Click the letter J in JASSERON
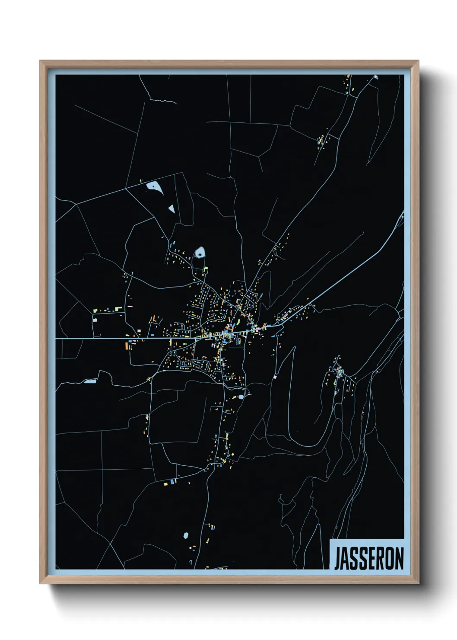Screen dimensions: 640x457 pos(337,559)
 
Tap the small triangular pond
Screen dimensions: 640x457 pos(171,208)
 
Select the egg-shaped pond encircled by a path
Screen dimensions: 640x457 pos(200,252)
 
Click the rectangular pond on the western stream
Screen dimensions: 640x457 pos(90,381)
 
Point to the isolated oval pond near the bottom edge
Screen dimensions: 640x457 pos(186,535)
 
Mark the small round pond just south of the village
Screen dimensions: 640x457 pos(241,397)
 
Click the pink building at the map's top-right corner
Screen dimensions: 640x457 pos(376,77)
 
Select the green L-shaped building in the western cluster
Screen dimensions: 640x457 pos(96,310)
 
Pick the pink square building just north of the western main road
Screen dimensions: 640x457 pos(139,331)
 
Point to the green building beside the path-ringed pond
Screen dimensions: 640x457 pos(206,269)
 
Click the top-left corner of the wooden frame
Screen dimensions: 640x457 pos(40,61)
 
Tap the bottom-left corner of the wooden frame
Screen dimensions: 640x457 pos(40,583)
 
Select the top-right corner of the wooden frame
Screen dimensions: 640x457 pos(418,61)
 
